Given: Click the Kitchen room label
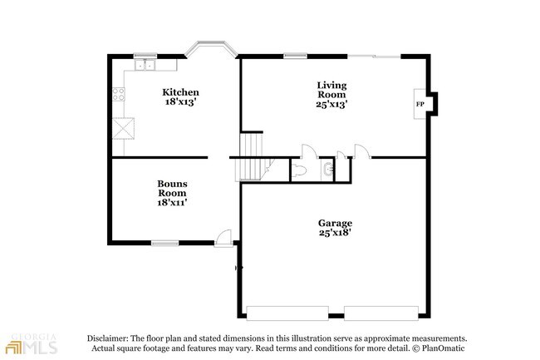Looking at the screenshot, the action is click(x=180, y=92).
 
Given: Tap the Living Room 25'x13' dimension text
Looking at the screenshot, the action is click(x=331, y=104).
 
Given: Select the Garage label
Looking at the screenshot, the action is click(x=335, y=223).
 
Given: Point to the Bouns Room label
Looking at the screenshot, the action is click(x=172, y=188).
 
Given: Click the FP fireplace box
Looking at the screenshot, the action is click(x=420, y=104).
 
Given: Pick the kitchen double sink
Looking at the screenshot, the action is click(x=145, y=65).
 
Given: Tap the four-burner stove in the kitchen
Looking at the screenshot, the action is click(x=119, y=95).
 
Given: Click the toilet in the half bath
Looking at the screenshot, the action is click(x=298, y=170).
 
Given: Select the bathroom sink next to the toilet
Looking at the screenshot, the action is click(x=328, y=169).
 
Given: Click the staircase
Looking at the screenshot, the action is click(x=251, y=157).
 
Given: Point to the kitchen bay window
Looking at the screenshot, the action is click(x=211, y=48).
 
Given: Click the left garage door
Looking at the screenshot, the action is click(x=287, y=313).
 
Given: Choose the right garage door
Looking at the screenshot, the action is click(x=381, y=313).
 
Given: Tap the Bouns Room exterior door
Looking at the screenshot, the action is click(x=223, y=239).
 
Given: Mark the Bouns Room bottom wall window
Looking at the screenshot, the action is click(x=165, y=244).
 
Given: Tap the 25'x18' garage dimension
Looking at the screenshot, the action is click(x=335, y=233).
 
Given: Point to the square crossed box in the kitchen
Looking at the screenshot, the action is click(x=123, y=129).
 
